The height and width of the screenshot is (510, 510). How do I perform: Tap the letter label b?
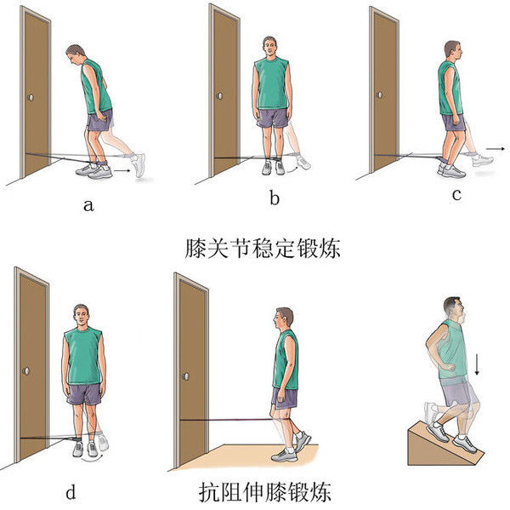(x=274, y=199)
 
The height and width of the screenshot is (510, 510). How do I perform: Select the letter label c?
(x=456, y=194)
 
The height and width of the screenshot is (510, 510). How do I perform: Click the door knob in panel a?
(x=31, y=98)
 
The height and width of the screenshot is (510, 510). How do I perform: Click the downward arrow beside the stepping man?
(x=477, y=364)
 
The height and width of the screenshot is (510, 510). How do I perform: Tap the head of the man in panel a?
(x=76, y=56)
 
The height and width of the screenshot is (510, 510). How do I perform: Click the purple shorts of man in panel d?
(x=84, y=393)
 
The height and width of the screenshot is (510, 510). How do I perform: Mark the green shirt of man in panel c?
(x=448, y=88)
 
